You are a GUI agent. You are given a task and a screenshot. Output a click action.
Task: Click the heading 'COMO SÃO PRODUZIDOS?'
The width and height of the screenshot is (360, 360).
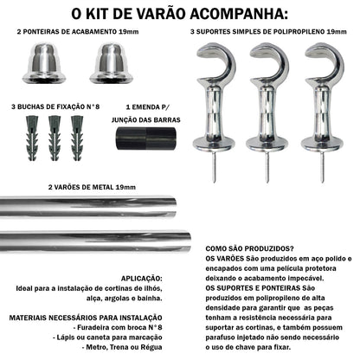248,247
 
